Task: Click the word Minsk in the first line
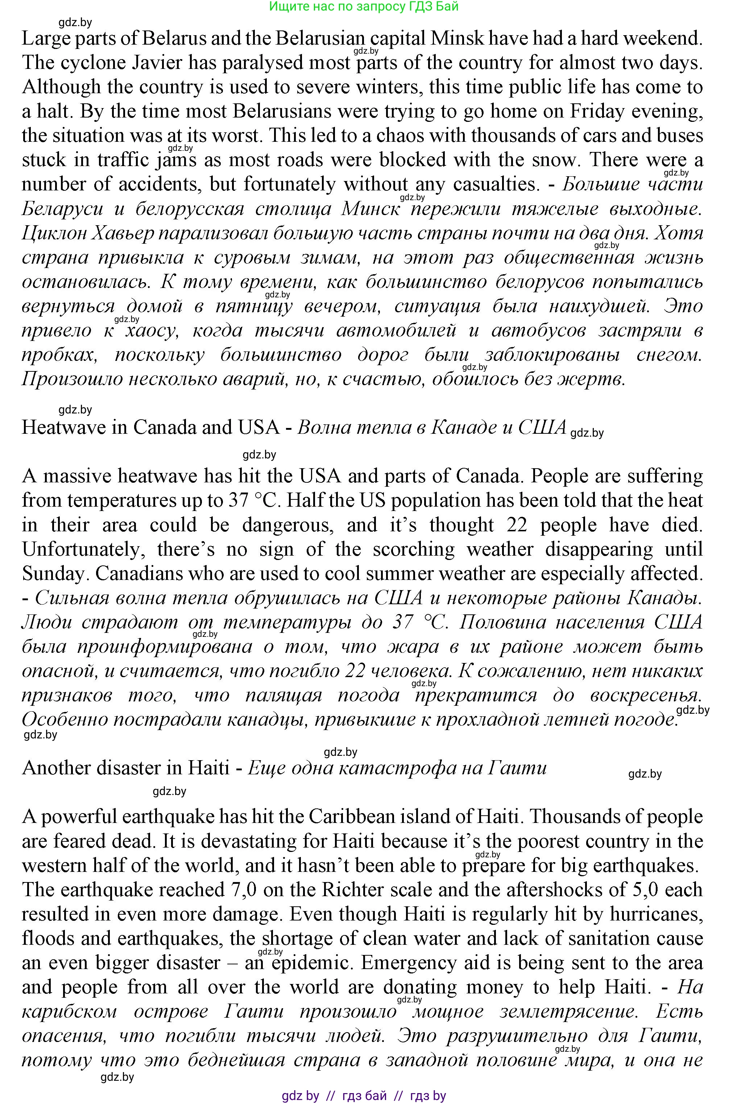pyautogui.click(x=458, y=38)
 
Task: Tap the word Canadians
pyautogui.click(x=139, y=573)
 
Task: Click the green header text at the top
pyautogui.click(x=364, y=6)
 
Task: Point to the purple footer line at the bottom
pyautogui.click(x=364, y=1096)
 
